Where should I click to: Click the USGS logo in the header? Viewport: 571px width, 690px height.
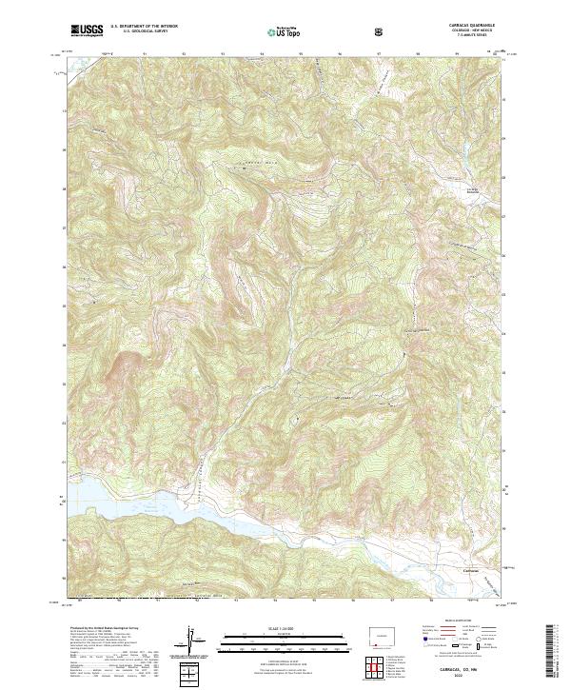(x=89, y=30)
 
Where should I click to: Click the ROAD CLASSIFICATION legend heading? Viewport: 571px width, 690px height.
(x=453, y=620)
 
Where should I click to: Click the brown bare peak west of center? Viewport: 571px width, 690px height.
(x=122, y=365)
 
